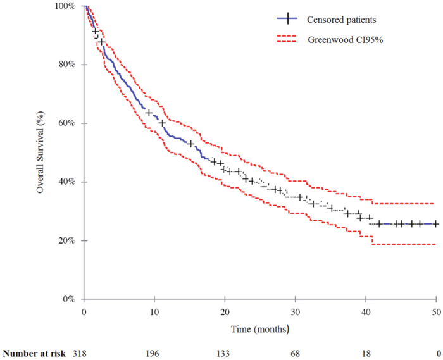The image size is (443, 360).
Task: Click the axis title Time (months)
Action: coord(261,329)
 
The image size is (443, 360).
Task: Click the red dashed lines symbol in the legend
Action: coord(289,40)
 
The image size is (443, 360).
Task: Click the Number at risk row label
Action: coord(35,351)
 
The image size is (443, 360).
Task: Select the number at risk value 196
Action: coord(154,351)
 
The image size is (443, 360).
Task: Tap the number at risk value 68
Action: coord(295,351)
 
